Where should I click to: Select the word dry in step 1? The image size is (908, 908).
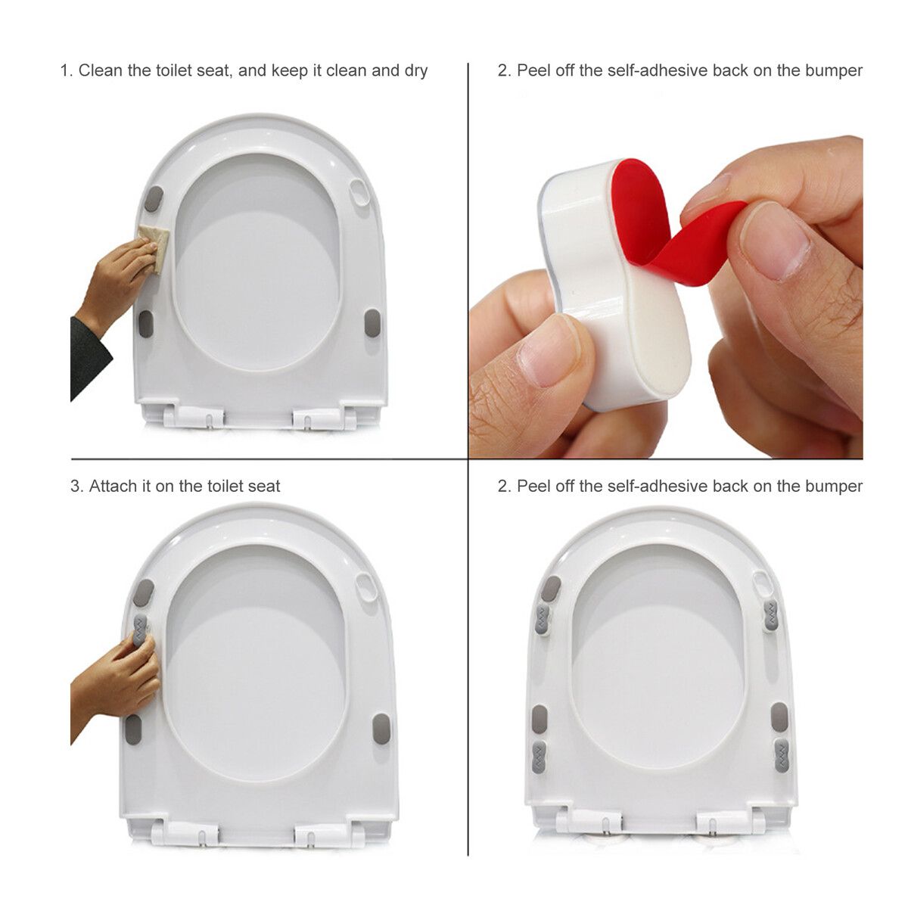[x=415, y=71]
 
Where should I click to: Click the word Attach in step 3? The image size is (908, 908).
[x=113, y=487]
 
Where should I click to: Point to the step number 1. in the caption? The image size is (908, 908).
[x=67, y=71]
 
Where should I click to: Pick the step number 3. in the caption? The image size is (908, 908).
[x=76, y=487]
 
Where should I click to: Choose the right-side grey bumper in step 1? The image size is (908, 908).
[x=372, y=322]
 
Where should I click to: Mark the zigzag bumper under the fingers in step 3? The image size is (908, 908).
[x=141, y=628]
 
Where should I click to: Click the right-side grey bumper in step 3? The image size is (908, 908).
[x=382, y=729]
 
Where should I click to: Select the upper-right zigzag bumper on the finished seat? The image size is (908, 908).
[x=770, y=617]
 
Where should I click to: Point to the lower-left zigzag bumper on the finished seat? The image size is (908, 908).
[x=539, y=757]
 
